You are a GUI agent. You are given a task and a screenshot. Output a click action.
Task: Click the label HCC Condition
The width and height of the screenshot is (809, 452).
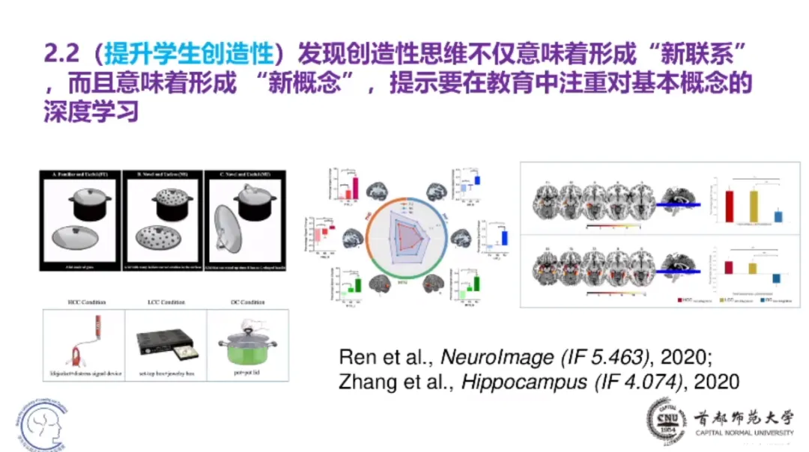(84, 302)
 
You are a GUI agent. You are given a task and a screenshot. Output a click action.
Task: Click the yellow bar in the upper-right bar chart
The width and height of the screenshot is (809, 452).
(754, 207)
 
